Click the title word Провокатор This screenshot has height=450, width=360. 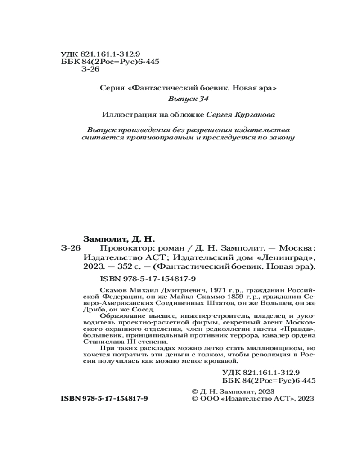pyautogui.click(x=119, y=248)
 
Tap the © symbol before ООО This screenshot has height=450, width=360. pyautogui.click(x=194, y=399)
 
